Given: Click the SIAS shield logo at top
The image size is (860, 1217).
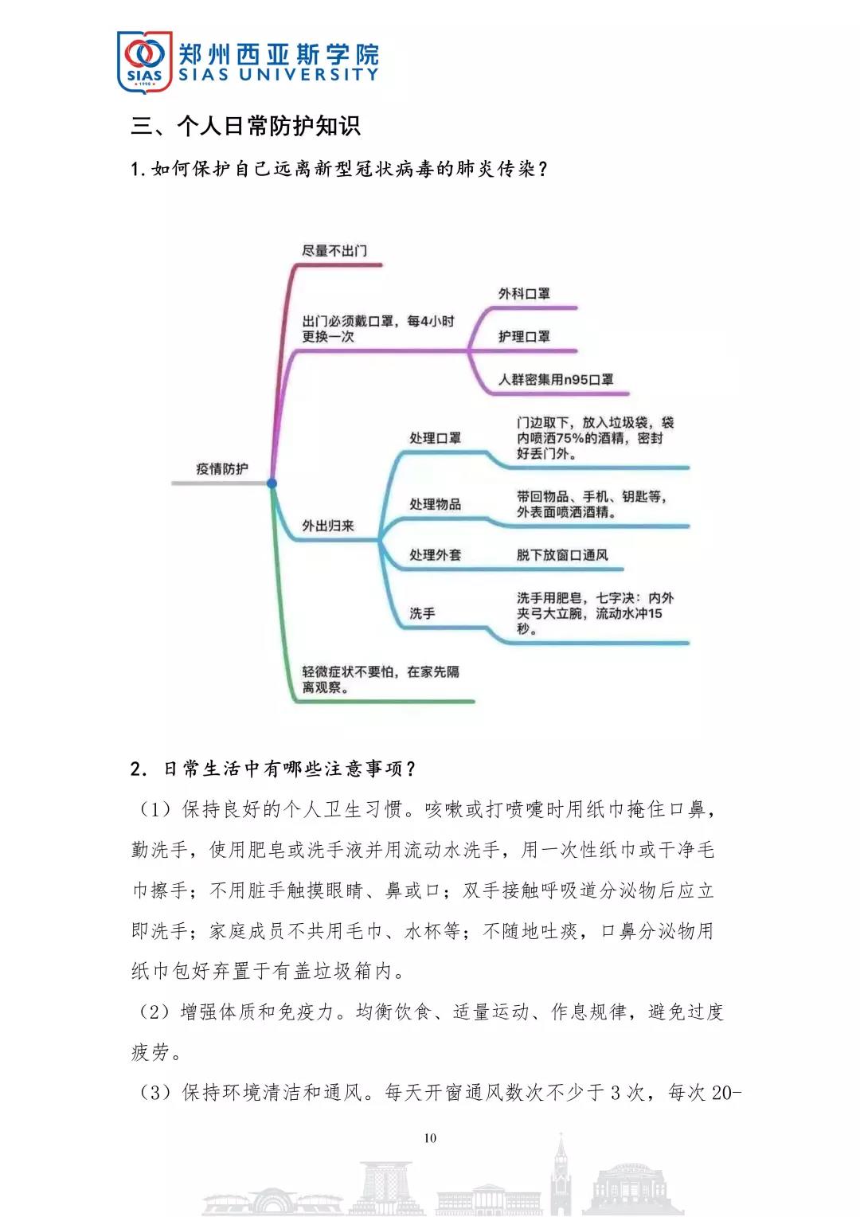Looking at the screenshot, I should tap(144, 61).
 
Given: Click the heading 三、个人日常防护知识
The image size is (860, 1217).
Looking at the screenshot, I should tap(245, 126).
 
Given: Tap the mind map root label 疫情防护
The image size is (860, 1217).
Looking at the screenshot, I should tap(221, 469).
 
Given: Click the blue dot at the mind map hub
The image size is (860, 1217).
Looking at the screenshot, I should tap(272, 483).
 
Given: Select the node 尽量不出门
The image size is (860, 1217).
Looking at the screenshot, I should tap(334, 251).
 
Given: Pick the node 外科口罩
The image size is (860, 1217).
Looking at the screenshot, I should tap(524, 294).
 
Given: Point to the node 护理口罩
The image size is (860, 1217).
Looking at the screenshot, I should tap(524, 337).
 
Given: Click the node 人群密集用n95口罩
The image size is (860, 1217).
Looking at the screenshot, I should tap(556, 380).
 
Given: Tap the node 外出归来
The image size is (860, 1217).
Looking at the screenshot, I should tap(327, 526).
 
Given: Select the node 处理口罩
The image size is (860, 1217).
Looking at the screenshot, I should tap(435, 438).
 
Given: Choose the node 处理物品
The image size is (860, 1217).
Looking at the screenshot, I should tap(435, 504).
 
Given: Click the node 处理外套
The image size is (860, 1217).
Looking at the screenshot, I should tap(435, 555).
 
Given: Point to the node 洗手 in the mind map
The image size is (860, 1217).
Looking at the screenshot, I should tap(422, 613).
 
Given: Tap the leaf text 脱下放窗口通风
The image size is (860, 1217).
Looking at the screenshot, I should tap(562, 555).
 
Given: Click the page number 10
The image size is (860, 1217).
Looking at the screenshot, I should tap(430, 1138).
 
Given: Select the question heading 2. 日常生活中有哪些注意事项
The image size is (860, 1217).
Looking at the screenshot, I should tap(273, 769).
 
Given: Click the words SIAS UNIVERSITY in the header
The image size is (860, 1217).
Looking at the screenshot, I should tap(278, 75).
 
